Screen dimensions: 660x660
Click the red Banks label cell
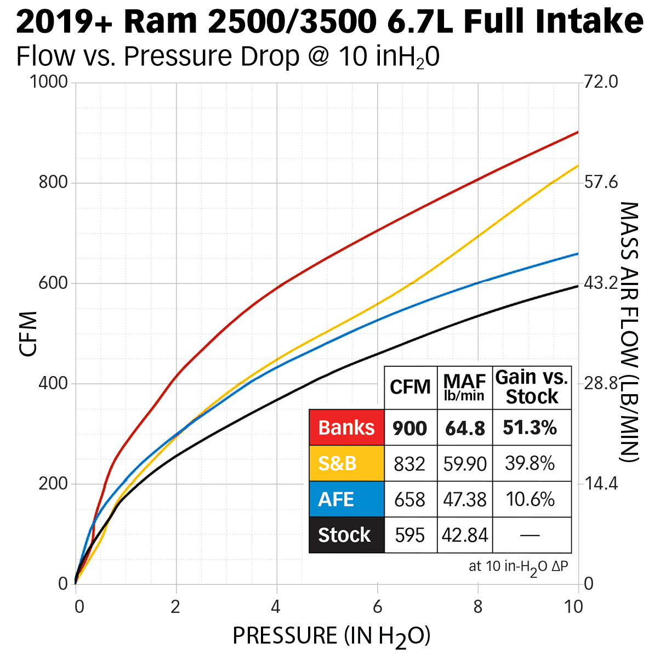coord(346,428)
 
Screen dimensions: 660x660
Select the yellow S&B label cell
coord(346,464)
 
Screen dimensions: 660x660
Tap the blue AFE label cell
coord(346,499)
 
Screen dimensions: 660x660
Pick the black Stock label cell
coord(346,535)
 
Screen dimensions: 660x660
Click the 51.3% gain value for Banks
coord(530,428)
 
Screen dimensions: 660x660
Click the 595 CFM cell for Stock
coord(409,535)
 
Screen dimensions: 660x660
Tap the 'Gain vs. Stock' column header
coord(532,387)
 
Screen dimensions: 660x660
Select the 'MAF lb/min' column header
coord(465,387)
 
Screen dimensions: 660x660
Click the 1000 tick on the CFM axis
coord(49,82)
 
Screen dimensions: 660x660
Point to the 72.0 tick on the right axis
coord(601,82)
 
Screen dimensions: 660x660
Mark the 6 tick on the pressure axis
coord(377,607)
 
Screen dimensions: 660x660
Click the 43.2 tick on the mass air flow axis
coord(601,283)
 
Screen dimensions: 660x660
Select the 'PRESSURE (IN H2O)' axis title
coord(332,636)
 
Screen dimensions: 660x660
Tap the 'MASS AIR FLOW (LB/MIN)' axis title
coord(630,332)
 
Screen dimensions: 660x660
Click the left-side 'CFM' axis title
coord(29,334)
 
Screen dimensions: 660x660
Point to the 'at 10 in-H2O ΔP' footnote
coord(518,567)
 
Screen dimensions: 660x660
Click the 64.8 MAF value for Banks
coord(465,428)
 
